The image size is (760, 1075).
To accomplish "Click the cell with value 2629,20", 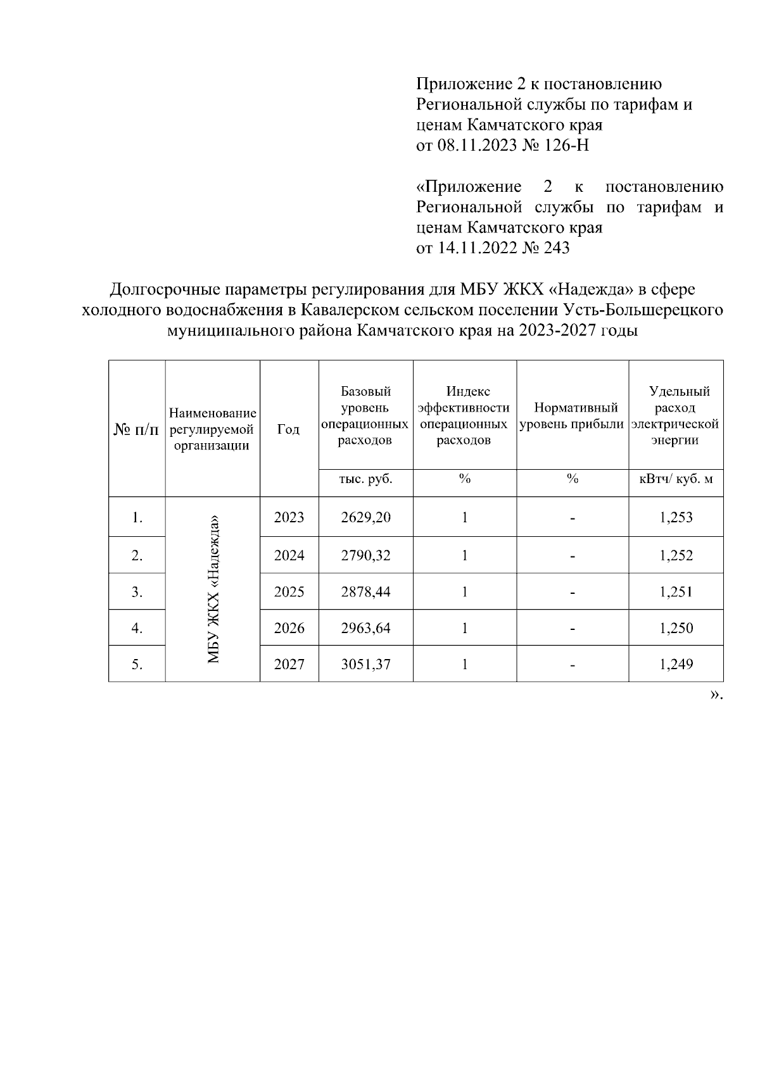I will click(x=365, y=517).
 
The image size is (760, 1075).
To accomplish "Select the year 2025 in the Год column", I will click(x=289, y=592).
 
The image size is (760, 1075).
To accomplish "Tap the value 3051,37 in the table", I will click(x=365, y=664).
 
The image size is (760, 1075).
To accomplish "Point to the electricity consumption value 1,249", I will click(x=676, y=664).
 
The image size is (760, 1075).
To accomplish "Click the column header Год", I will click(x=289, y=429).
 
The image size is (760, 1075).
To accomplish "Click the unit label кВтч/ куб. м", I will click(x=676, y=479).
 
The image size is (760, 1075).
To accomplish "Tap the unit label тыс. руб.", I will click(x=365, y=479).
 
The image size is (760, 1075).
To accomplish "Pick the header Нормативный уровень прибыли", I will click(x=572, y=415).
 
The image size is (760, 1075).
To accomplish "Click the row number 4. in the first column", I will click(x=137, y=628).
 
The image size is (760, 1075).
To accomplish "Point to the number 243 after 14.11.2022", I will click(x=557, y=248).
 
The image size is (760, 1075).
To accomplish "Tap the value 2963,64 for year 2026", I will click(x=365, y=628).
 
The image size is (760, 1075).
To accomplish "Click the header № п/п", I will click(x=137, y=429).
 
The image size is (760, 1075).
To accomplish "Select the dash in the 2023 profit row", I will click(x=572, y=519).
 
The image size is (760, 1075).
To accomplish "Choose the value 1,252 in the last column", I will click(x=676, y=555).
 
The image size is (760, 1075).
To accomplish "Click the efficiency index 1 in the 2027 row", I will click(x=464, y=664).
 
